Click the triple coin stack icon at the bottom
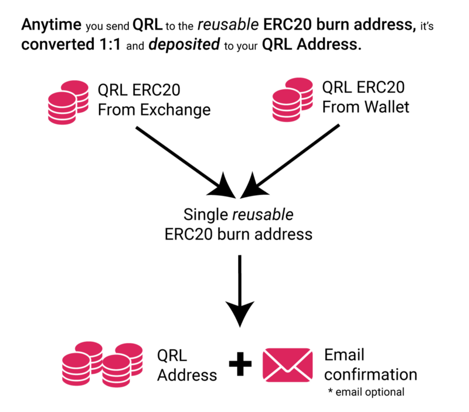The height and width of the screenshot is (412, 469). (102, 363)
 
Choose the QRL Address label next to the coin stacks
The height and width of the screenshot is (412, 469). (186, 365)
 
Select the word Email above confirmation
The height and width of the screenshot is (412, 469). (345, 355)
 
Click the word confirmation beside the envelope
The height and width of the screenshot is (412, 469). (371, 374)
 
